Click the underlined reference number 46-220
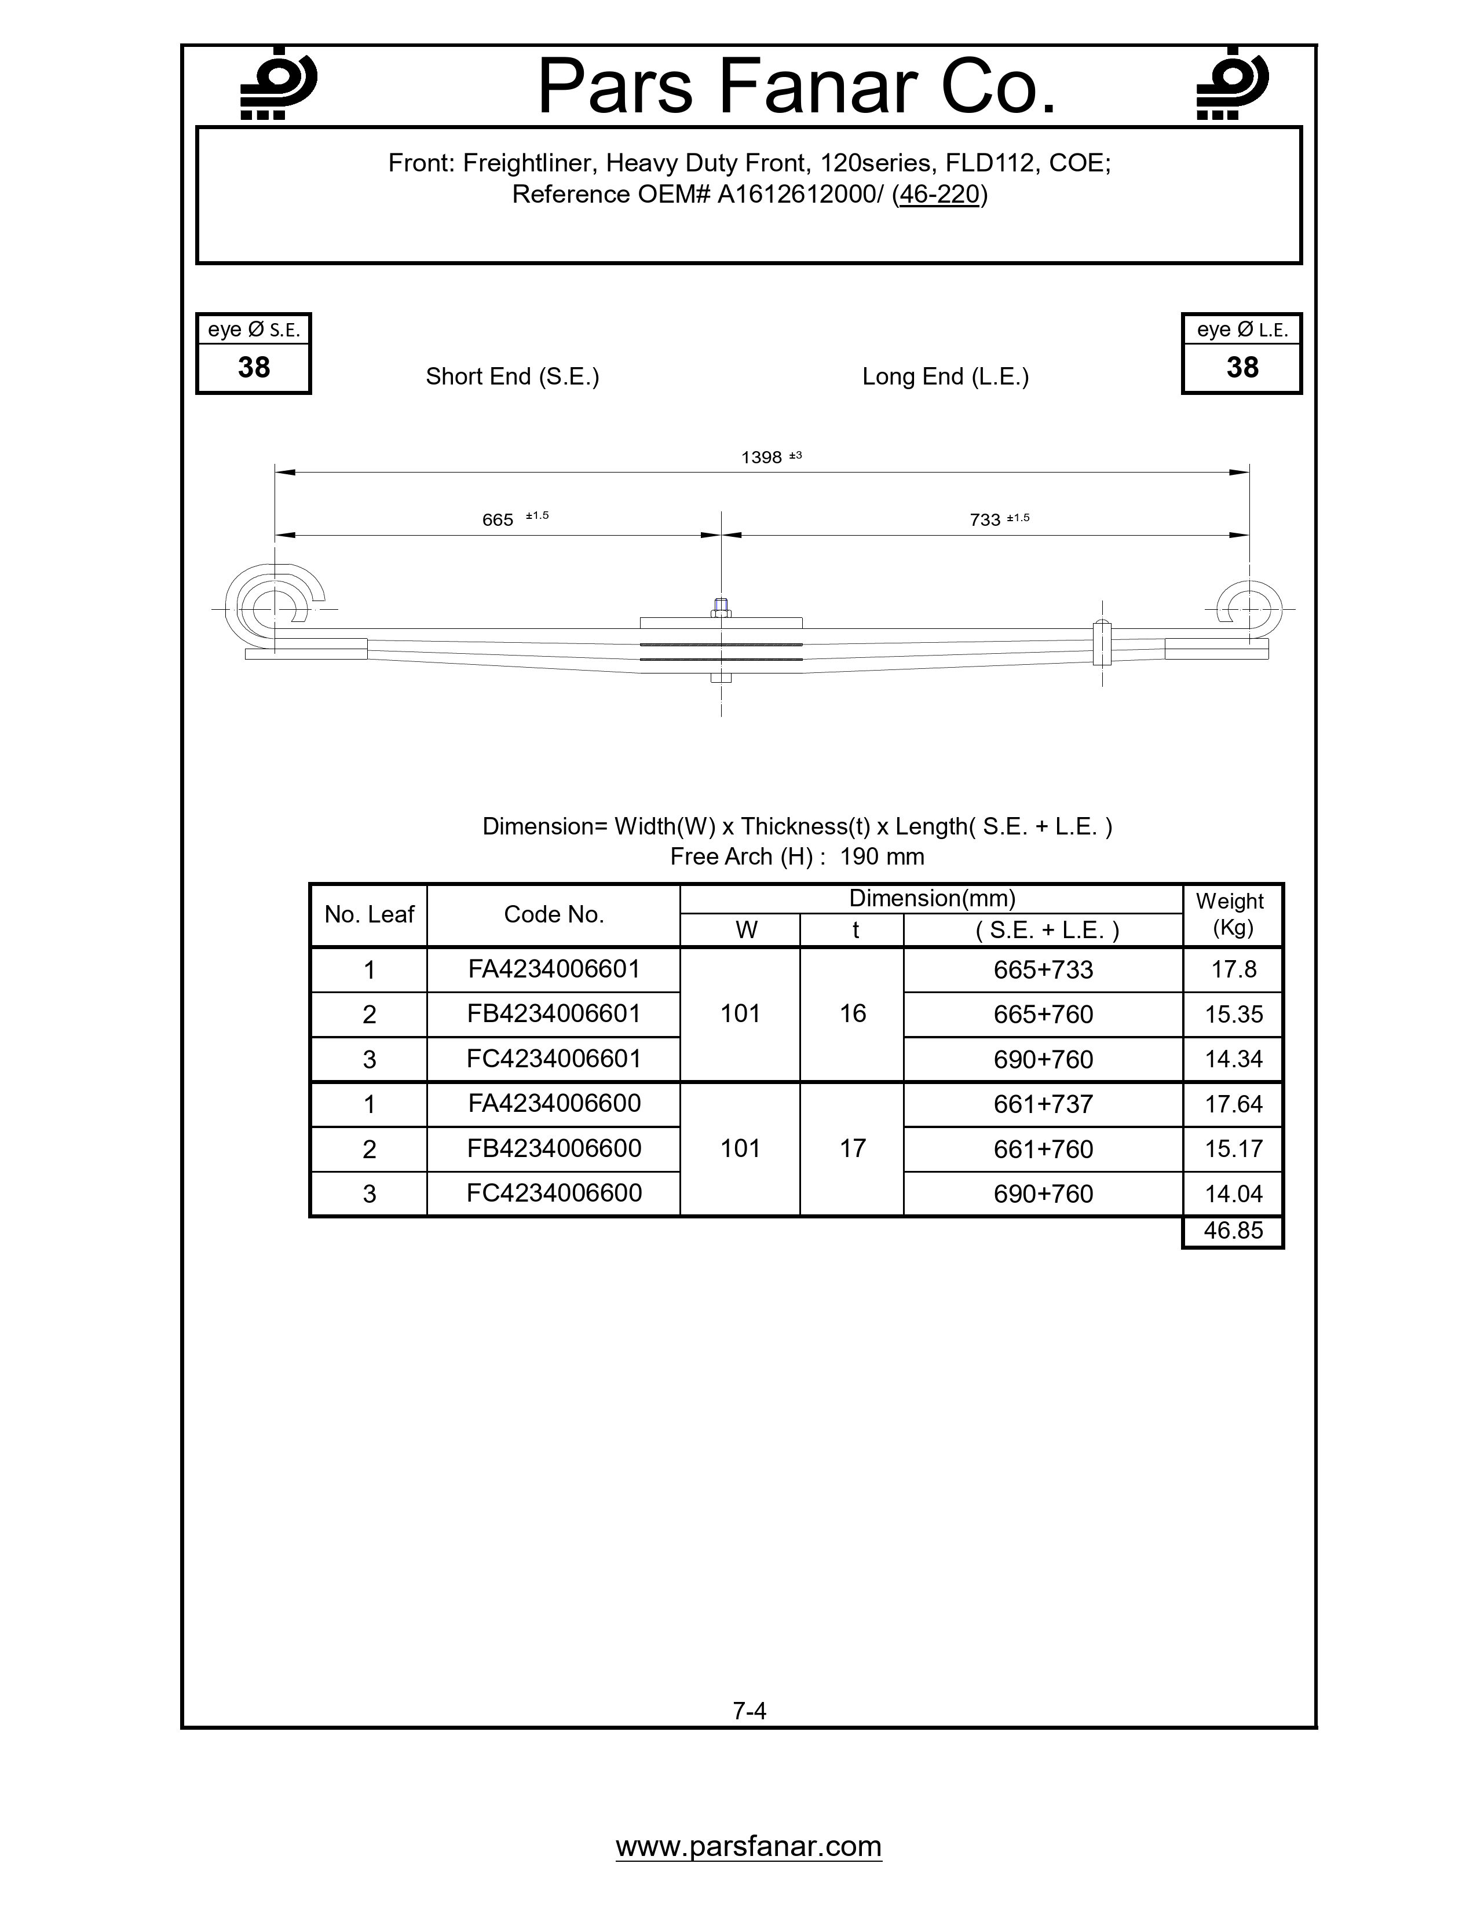[x=939, y=194]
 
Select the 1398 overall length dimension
[x=761, y=457]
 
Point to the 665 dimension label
[x=498, y=520]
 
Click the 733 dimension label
[x=985, y=520]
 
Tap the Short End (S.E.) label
[x=512, y=376]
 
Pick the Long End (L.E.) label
[x=945, y=376]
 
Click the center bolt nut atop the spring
[x=721, y=607]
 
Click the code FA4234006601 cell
[x=554, y=969]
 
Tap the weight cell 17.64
[x=1233, y=1104]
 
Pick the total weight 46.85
[x=1233, y=1231]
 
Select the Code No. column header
[x=554, y=914]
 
